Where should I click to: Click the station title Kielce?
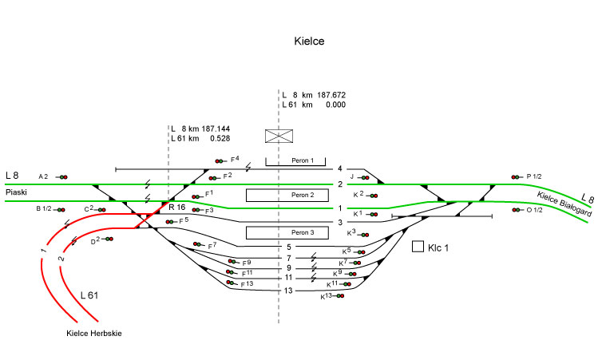pyautogui.click(x=308, y=42)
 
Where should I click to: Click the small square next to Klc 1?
pyautogui.click(x=417, y=247)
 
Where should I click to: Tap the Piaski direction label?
pyautogui.click(x=16, y=192)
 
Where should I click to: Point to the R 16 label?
pyautogui.click(x=176, y=208)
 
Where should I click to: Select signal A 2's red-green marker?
pyautogui.click(x=61, y=176)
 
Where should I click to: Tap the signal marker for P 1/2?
pyautogui.click(x=517, y=177)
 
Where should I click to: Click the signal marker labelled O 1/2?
pyautogui.click(x=517, y=210)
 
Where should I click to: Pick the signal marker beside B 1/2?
pyautogui.click(x=61, y=209)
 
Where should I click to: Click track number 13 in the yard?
pyautogui.click(x=289, y=290)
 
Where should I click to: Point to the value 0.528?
pyautogui.click(x=220, y=138)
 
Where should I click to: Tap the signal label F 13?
pyautogui.click(x=246, y=284)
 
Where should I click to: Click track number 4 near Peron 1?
pyautogui.click(x=339, y=169)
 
